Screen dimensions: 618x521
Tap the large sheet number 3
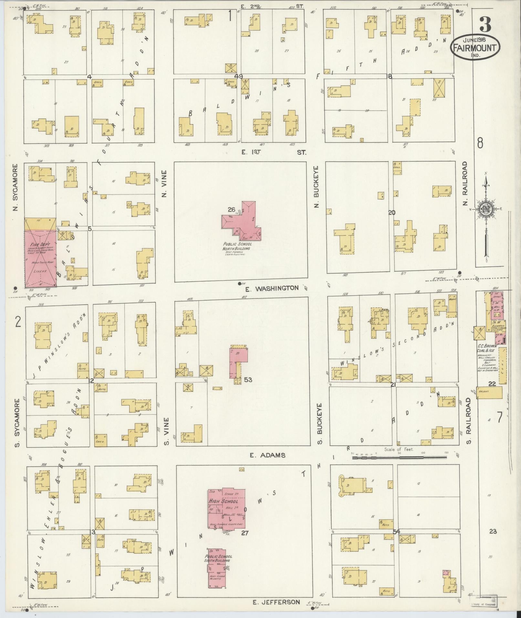pos(485,25)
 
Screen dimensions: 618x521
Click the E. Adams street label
pos(268,455)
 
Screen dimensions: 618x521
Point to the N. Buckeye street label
pos(316,187)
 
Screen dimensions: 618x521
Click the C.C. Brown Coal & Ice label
pos(487,348)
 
